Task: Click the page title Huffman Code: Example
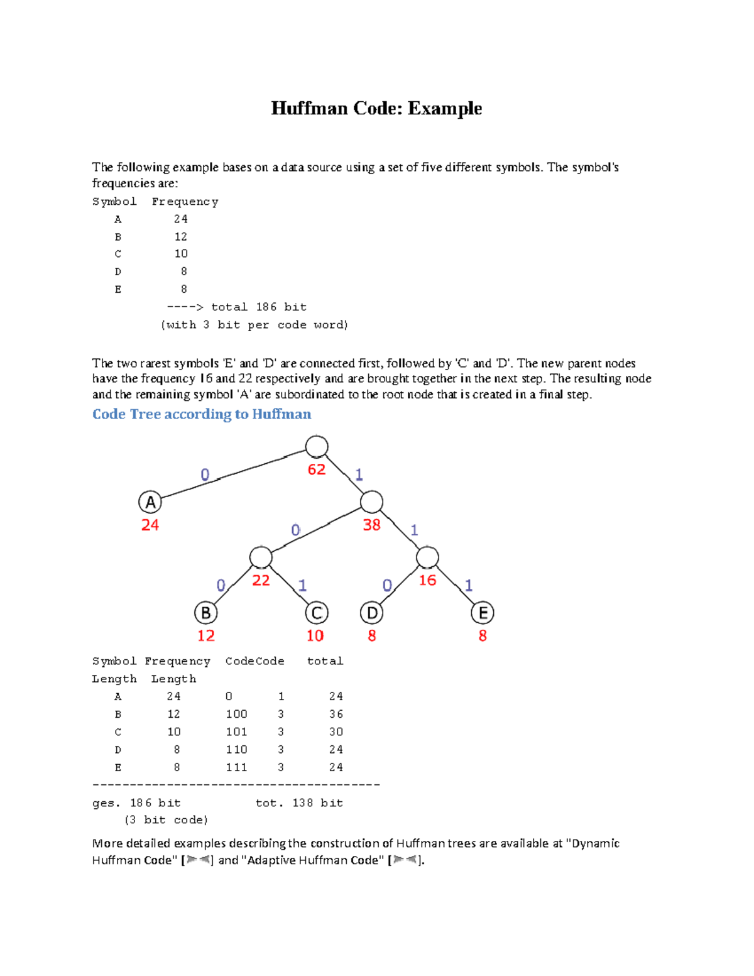point(376,109)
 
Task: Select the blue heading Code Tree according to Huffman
point(202,414)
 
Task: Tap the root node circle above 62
point(317,447)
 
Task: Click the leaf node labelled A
point(150,503)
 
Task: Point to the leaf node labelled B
point(205,613)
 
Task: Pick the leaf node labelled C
point(317,613)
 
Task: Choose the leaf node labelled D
point(372,613)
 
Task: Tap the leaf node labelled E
point(483,613)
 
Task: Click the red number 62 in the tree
point(317,469)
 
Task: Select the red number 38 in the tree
point(371,525)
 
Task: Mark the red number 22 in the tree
point(261,580)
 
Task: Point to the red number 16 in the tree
point(427,580)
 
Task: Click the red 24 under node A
point(150,525)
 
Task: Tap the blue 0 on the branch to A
point(205,474)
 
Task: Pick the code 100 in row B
point(236,714)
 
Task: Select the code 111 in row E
point(236,767)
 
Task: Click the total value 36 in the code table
point(336,714)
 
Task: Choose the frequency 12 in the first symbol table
point(181,236)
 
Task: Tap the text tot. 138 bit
point(299,803)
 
